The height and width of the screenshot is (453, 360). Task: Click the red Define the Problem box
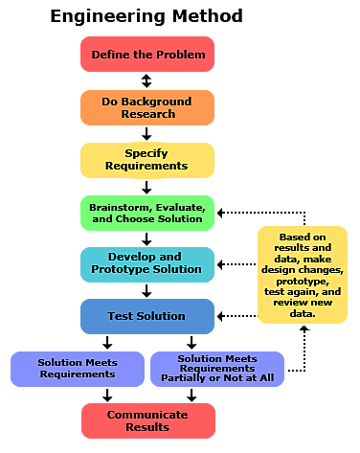coord(147,55)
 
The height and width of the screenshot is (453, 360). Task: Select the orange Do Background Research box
coord(147,107)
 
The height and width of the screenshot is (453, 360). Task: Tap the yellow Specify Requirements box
coord(147,159)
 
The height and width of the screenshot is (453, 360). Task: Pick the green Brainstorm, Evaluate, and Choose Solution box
coord(147,213)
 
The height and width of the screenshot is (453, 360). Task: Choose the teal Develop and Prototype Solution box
coord(147,263)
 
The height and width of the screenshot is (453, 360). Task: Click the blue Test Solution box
coord(147,316)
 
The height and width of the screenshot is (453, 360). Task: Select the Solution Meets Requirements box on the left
coord(77,369)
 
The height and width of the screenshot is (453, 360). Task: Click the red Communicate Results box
coord(147,420)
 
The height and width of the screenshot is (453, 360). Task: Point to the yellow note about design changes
coord(303,275)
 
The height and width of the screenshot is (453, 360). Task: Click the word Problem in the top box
coord(184,55)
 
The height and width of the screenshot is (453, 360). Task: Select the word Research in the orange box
coord(147,114)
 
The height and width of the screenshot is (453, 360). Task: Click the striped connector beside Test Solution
coord(239,315)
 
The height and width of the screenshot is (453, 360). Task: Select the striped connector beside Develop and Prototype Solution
coord(239,263)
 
